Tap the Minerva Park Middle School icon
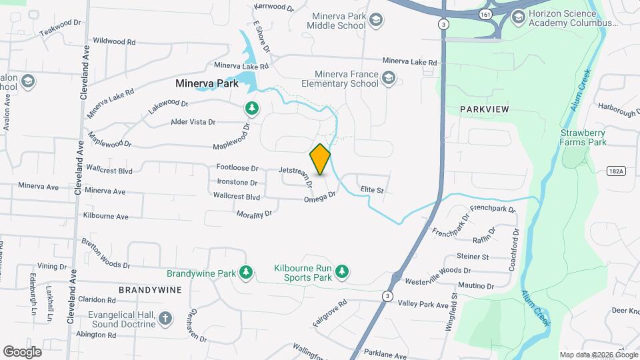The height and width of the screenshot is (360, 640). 376,20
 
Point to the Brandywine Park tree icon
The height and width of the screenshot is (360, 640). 247,272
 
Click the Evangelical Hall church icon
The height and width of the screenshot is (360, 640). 165,318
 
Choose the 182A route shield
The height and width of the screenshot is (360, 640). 617,171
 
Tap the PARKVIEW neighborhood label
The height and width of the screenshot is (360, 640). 484,109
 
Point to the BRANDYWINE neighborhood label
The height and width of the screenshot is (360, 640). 150,290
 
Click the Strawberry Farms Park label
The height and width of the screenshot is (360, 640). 583,137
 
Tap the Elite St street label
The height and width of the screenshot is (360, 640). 371,190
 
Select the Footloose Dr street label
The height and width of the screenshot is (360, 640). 237,168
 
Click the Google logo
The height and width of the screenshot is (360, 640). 22,351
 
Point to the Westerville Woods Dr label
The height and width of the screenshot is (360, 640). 437,271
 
